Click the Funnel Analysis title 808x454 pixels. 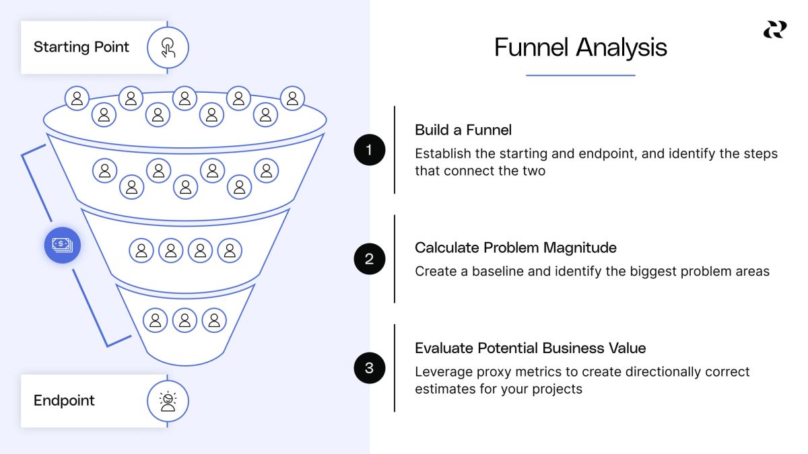[x=580, y=48]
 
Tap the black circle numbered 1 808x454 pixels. [x=369, y=150]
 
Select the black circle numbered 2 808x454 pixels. [x=369, y=259]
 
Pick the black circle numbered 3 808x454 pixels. [x=369, y=368]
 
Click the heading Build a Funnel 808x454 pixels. [x=463, y=130]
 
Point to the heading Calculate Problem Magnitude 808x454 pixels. [x=515, y=248]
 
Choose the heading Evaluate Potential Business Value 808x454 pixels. [x=530, y=348]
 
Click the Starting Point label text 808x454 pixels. [x=81, y=47]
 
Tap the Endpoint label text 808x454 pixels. [x=64, y=400]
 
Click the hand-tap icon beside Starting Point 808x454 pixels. [x=168, y=47]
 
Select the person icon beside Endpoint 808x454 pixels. [x=168, y=401]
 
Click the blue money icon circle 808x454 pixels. [x=63, y=245]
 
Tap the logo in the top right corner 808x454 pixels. [x=774, y=30]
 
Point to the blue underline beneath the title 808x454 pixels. [x=580, y=75]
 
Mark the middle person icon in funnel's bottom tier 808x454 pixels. [x=184, y=319]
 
